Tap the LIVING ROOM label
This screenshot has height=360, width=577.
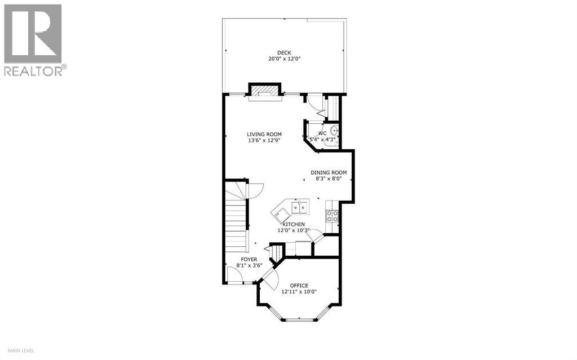264,134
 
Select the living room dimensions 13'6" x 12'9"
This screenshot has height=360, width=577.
264,141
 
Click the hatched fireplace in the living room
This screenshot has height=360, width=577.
264,91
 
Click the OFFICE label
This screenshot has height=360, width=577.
299,285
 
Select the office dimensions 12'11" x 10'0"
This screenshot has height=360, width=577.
299,292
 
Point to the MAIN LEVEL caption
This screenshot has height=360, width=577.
19,351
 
